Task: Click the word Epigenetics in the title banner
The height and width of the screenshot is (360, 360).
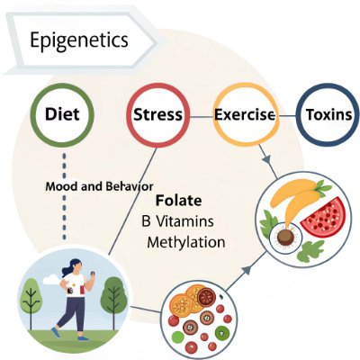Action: [79, 40]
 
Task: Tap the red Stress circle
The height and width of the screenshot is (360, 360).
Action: [157, 115]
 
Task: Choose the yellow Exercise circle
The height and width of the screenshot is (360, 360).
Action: [244, 115]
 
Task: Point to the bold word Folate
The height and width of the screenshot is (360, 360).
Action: [178, 201]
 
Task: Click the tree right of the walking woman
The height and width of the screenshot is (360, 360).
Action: [112, 296]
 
